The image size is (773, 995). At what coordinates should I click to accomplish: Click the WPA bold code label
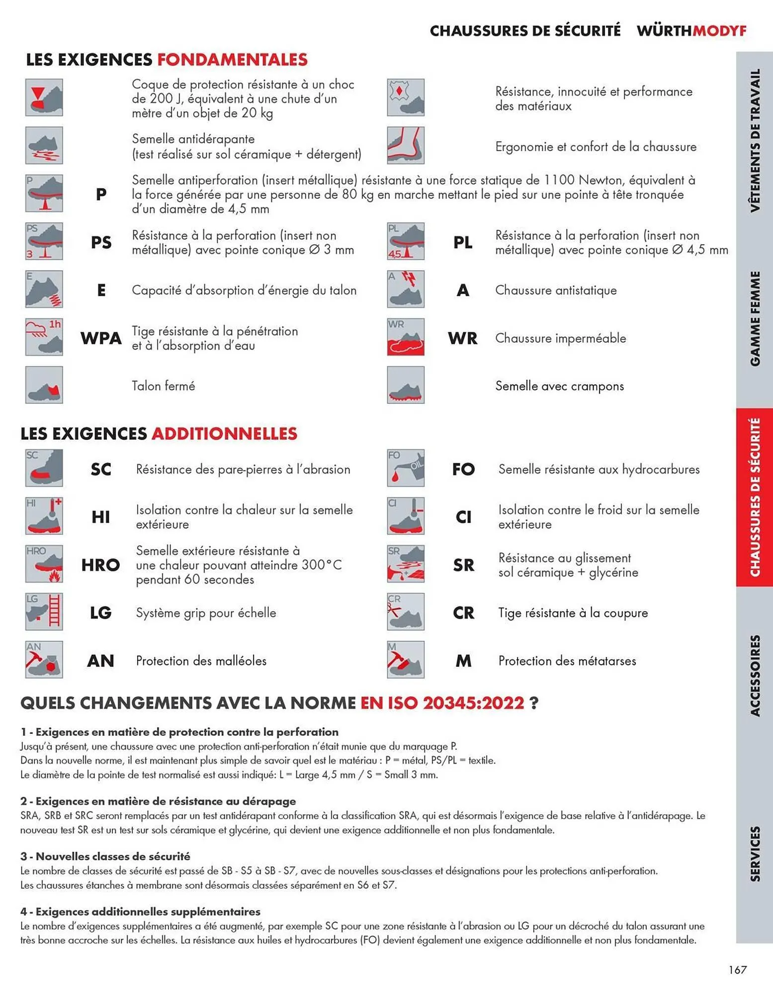(101, 338)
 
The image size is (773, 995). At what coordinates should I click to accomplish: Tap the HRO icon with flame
(44, 564)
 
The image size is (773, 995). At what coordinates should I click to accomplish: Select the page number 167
(738, 969)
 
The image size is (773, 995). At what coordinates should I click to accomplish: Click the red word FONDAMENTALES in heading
(232, 60)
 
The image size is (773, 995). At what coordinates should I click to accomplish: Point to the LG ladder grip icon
(44, 612)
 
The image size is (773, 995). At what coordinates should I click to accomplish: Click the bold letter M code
(463, 661)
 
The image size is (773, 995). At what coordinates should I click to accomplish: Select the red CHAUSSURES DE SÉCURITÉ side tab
(755, 497)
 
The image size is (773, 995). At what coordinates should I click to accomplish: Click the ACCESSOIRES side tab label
(755, 676)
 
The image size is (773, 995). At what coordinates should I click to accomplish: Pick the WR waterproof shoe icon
(406, 337)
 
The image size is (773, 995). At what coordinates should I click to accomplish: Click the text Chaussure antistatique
(556, 290)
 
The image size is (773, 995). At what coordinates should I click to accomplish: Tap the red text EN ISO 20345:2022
(442, 703)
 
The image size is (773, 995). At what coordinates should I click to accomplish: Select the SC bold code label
(101, 469)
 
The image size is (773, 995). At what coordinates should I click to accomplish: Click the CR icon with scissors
(406, 612)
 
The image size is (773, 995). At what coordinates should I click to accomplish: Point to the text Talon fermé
(164, 386)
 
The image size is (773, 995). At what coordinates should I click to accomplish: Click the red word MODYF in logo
(719, 31)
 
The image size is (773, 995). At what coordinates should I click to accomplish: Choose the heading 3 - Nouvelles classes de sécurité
(105, 856)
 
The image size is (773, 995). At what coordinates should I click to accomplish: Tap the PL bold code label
(463, 243)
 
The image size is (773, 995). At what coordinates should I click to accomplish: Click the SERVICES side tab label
(755, 854)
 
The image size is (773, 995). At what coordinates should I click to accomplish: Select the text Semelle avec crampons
(559, 386)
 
